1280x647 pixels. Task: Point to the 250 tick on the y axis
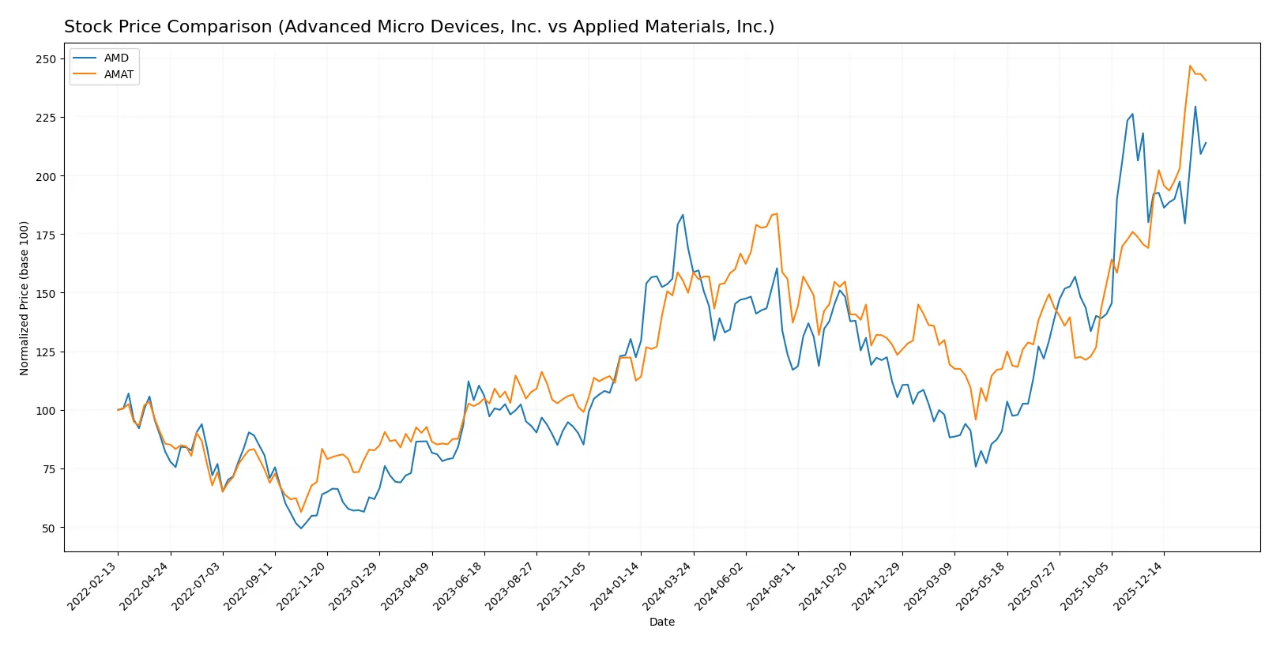(x=46, y=59)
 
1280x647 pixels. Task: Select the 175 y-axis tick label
(x=46, y=235)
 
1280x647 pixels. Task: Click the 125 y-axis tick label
(x=46, y=352)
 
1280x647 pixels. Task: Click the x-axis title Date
(x=661, y=622)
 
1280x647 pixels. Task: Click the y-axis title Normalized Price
(x=24, y=298)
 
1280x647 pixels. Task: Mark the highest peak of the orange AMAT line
(x=1190, y=66)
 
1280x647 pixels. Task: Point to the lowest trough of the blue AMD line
(x=301, y=528)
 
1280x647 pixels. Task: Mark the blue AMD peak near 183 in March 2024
(x=683, y=215)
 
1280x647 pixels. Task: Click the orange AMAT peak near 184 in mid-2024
(x=777, y=213)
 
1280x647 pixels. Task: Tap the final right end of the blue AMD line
(x=1206, y=143)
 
